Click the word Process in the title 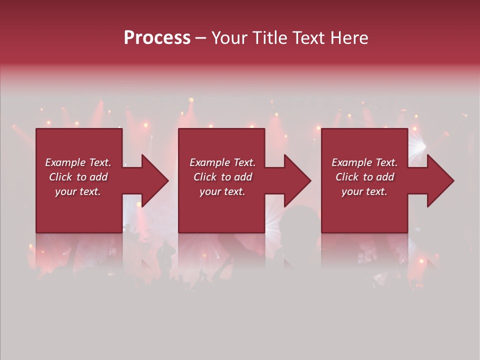pyautogui.click(x=157, y=38)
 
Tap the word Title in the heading pyautogui.click(x=269, y=38)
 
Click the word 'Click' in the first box pyautogui.click(x=60, y=177)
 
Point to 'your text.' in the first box pyautogui.click(x=78, y=191)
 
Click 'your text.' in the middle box pyautogui.click(x=222, y=191)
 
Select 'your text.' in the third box pyautogui.click(x=364, y=191)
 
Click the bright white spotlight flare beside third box pyautogui.click(x=419, y=146)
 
